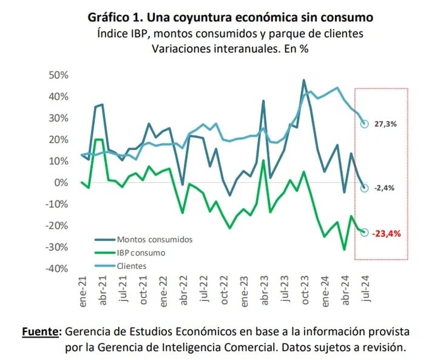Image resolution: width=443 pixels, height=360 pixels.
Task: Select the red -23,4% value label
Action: [387, 233]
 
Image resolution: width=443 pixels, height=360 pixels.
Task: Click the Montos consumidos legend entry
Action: [154, 239]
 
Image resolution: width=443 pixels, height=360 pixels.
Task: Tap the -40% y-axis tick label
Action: [55, 268]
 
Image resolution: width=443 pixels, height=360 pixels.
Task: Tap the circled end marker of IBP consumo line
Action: [365, 233]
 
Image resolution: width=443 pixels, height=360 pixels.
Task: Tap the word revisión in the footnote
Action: [380, 347]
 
